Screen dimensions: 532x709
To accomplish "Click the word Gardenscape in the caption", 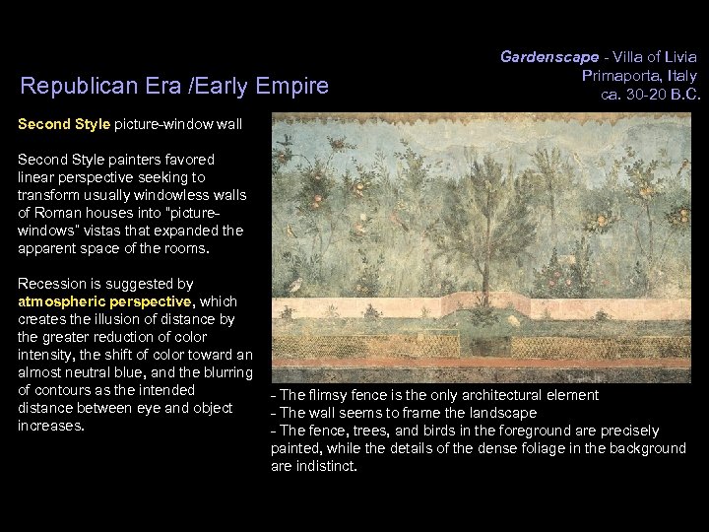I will [542, 57].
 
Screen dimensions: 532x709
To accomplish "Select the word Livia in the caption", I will [677, 57].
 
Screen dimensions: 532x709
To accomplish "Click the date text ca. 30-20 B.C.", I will [649, 95].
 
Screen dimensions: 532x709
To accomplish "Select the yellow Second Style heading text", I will [64, 126].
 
